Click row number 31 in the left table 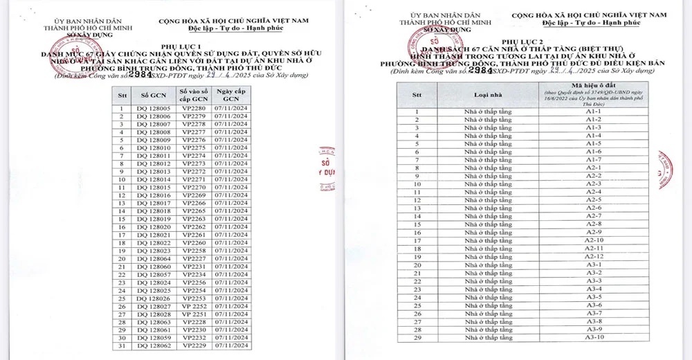click(122, 345)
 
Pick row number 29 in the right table click(417, 337)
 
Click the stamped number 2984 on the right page click(480, 70)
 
